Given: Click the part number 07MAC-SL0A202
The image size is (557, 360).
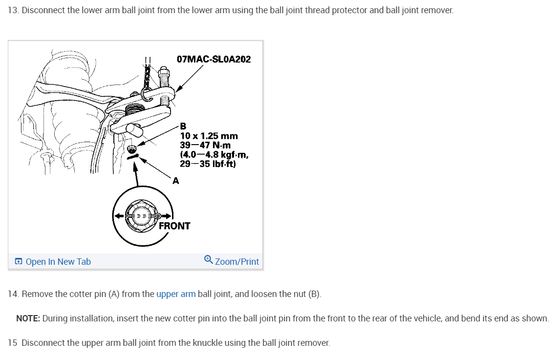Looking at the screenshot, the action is click(214, 59).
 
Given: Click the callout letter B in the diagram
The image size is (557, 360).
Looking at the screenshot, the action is click(183, 126).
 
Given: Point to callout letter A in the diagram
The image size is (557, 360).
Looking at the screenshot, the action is click(175, 180).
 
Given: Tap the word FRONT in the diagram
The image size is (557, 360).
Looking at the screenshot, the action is click(174, 226).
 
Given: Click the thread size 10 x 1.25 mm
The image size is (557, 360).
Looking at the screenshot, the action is click(209, 136).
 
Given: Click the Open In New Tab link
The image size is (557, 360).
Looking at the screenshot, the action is click(58, 262).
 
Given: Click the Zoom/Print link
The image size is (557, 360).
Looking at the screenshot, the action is click(236, 262).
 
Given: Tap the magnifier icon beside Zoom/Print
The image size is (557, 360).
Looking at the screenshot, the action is click(209, 260).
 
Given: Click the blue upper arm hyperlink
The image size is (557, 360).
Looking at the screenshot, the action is click(176, 294).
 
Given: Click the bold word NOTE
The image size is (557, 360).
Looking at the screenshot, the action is click(28, 318).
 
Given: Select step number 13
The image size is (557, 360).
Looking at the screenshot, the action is click(13, 10).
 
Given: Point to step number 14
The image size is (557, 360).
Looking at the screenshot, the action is click(13, 294).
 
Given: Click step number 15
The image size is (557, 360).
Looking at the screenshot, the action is click(13, 343).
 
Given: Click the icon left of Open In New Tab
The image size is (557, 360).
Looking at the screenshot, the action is click(18, 262).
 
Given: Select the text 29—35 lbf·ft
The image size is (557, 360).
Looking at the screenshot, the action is click(208, 164).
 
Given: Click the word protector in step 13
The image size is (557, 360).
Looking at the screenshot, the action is click(349, 10).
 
